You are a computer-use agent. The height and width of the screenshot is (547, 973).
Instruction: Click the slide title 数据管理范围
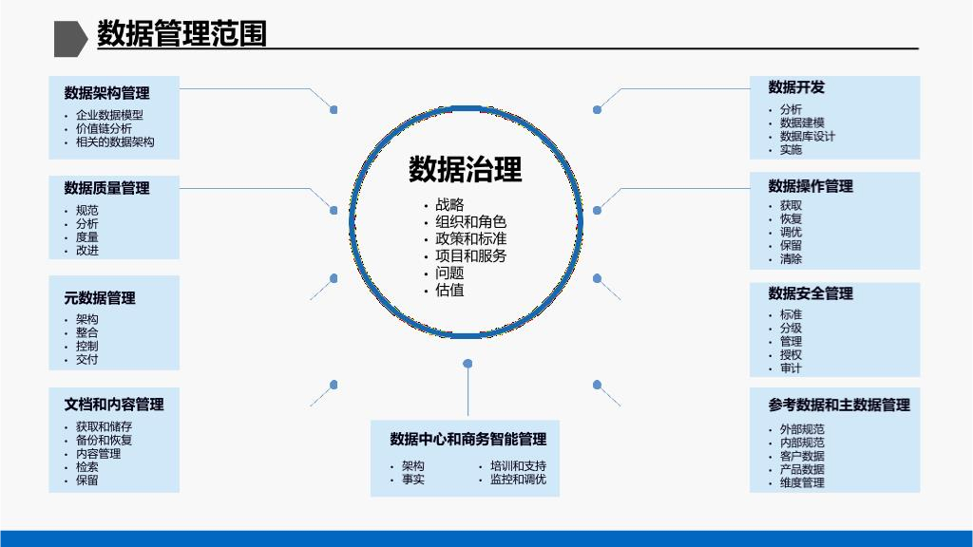181,34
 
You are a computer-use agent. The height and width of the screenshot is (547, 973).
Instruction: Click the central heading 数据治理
466,170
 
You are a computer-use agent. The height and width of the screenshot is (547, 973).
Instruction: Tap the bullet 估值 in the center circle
449,290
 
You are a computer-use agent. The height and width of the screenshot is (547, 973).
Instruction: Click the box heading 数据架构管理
106,93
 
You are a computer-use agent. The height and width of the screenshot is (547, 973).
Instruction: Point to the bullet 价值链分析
104,128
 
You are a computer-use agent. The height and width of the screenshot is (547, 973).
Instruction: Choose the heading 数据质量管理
106,188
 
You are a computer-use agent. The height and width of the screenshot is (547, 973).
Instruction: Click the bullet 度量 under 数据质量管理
87,236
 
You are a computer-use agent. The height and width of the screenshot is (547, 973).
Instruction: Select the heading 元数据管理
100,297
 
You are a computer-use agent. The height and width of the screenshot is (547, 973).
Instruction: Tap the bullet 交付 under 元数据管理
87,359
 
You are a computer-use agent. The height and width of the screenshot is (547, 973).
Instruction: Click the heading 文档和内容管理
114,404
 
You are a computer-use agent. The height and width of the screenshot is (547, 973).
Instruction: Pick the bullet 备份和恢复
104,440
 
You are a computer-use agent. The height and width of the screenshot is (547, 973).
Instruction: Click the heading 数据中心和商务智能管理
467,439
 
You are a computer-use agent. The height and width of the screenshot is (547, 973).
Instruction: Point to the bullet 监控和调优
518,479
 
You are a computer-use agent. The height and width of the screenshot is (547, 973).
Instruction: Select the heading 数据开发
796,87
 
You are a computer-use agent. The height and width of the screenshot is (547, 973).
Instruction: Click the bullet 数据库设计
808,136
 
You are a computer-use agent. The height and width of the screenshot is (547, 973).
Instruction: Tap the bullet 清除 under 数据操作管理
791,258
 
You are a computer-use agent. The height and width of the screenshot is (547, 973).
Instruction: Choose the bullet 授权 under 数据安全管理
791,354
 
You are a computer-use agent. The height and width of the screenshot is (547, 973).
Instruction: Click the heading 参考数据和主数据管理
839,405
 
